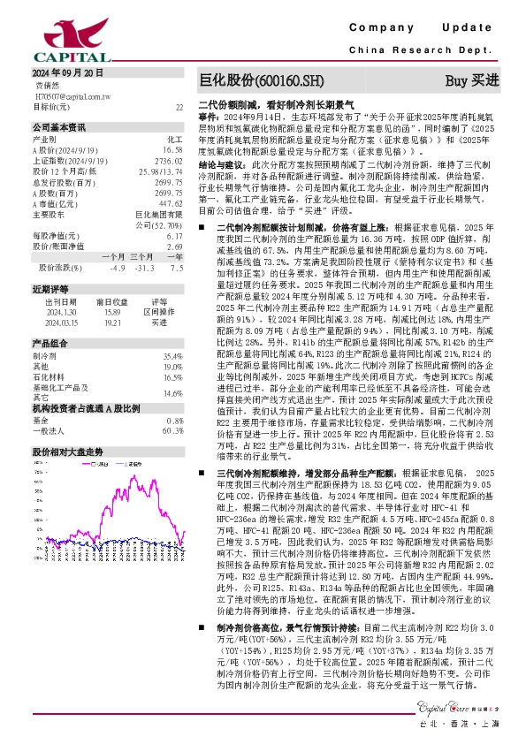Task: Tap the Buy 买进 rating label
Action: click(x=471, y=80)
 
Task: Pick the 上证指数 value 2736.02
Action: click(x=171, y=162)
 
